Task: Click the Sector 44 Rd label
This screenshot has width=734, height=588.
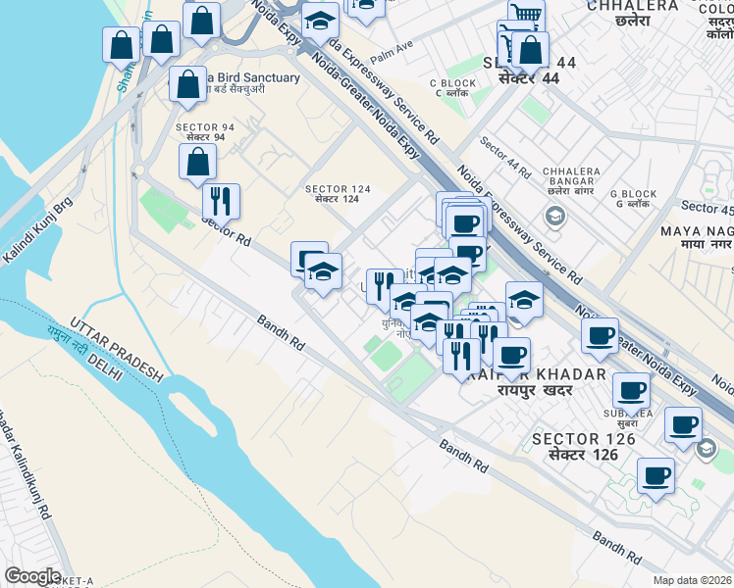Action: point(505,159)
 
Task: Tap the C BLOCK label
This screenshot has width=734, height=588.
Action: point(452,83)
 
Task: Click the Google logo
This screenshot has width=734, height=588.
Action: point(32,576)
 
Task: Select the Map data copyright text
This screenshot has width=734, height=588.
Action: point(693,580)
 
